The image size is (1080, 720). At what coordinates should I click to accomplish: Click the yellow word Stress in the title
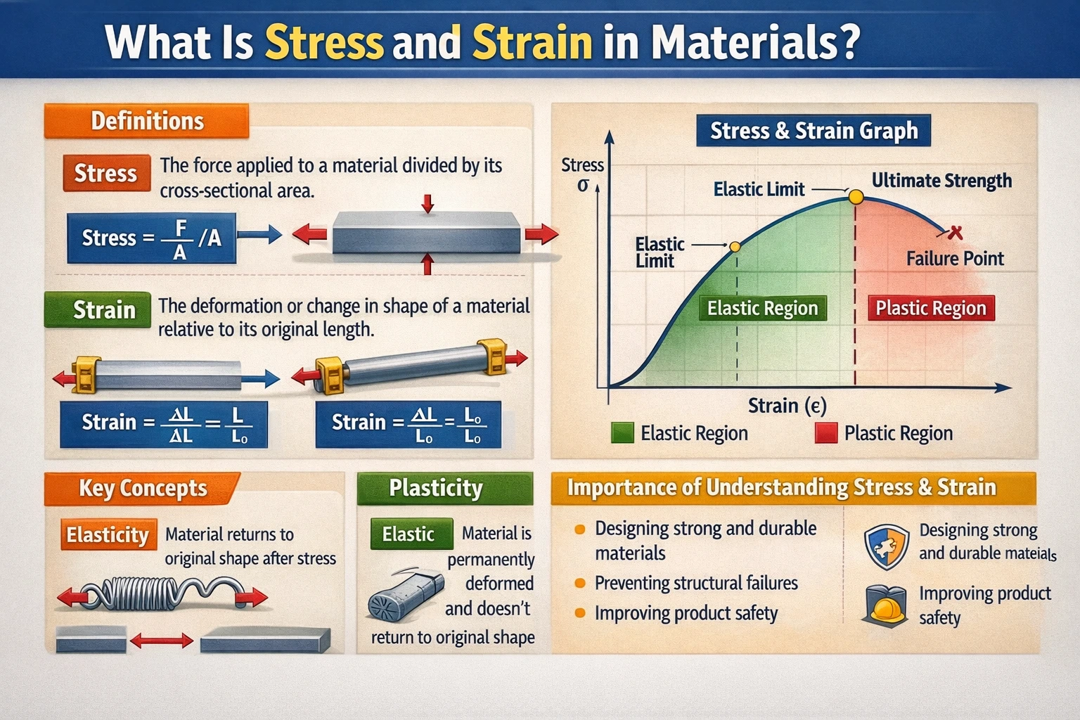click(324, 42)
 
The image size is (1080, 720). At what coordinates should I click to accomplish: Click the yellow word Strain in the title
click(532, 42)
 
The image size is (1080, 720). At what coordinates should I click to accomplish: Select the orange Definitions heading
click(147, 121)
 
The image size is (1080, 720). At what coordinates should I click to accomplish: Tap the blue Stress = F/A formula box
click(151, 238)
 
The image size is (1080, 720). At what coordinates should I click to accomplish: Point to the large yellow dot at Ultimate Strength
click(856, 197)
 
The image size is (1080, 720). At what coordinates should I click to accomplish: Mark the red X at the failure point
click(954, 232)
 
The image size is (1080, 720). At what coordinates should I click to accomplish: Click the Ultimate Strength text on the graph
click(941, 181)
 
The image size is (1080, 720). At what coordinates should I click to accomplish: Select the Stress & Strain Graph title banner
click(814, 131)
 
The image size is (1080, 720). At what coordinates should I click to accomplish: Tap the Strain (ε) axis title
click(787, 406)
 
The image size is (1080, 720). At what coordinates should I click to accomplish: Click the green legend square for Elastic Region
click(622, 433)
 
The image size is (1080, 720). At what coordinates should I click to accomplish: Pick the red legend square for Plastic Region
click(825, 433)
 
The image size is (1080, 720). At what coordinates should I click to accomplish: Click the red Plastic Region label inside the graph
click(930, 308)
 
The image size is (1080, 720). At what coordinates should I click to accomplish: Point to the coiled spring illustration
click(162, 594)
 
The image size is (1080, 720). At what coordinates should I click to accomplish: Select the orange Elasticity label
click(108, 535)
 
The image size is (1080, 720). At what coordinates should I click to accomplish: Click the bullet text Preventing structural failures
click(695, 583)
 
